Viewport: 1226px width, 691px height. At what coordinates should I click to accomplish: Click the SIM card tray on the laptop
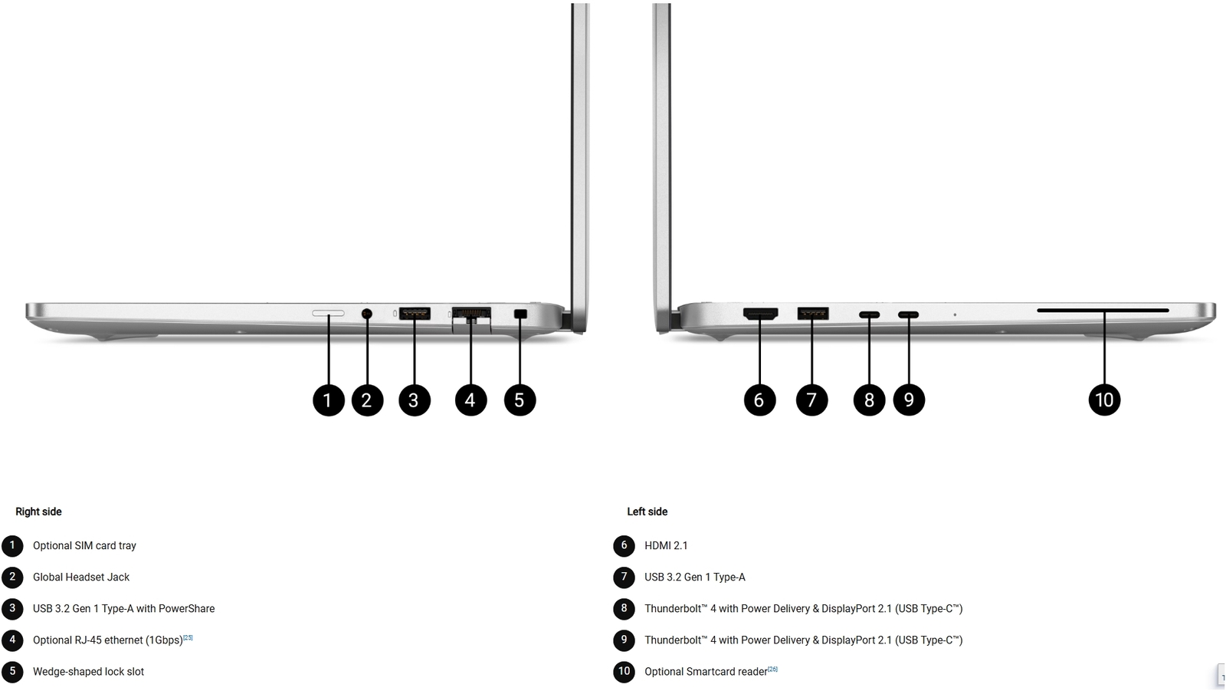(x=329, y=314)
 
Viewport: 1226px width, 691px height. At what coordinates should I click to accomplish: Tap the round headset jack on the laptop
(x=367, y=314)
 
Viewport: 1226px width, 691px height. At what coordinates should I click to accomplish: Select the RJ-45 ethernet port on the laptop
(x=471, y=318)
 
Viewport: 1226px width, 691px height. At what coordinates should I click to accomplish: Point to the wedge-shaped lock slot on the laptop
(x=520, y=314)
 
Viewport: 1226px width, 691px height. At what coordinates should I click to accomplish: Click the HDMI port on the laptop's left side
(x=760, y=314)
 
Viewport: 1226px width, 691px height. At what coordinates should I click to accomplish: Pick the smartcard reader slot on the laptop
(x=1103, y=311)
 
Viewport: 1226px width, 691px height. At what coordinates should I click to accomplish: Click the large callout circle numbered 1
(x=329, y=400)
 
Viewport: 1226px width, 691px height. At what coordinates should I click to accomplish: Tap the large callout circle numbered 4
(x=470, y=400)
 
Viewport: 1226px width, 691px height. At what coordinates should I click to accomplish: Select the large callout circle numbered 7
(x=811, y=400)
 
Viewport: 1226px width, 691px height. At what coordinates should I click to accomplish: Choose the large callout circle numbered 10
(x=1104, y=400)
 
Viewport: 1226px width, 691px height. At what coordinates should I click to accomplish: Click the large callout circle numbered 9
(x=909, y=400)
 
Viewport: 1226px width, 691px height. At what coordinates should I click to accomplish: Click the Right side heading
(x=38, y=512)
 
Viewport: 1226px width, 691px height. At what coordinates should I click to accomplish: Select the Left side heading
(x=647, y=512)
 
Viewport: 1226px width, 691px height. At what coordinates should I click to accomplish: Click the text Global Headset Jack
(x=81, y=577)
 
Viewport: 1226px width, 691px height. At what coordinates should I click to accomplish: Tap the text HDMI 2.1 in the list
(x=666, y=546)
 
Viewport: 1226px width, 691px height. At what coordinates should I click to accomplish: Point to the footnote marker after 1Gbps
(x=188, y=637)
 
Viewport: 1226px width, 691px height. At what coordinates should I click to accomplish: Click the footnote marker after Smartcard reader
(x=772, y=669)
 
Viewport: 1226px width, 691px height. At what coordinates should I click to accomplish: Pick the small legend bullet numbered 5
(x=12, y=672)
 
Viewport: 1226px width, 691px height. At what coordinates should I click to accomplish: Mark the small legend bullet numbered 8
(x=624, y=609)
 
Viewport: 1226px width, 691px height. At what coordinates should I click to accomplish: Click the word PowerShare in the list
(x=187, y=609)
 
